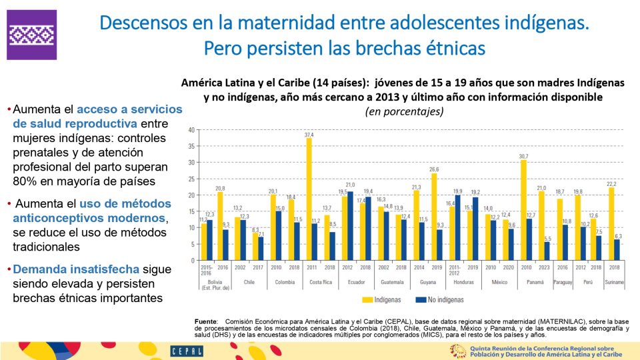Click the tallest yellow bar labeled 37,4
309,200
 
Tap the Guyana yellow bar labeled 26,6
434,217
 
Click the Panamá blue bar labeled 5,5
547,251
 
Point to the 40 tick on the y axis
192,130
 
